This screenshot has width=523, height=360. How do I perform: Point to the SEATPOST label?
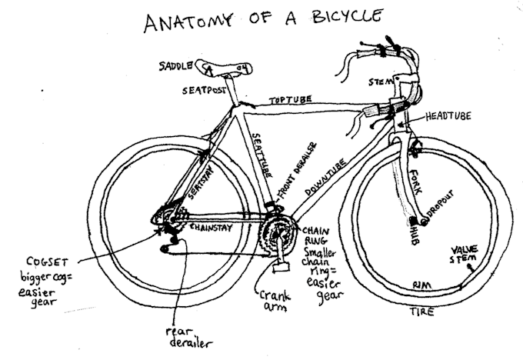203,91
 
